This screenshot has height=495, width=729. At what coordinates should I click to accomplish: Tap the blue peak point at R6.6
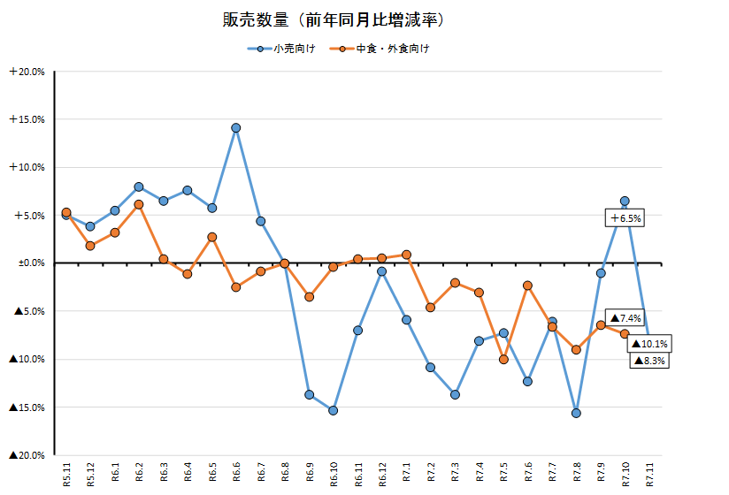tap(236, 127)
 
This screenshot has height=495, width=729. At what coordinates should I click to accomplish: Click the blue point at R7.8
tap(576, 413)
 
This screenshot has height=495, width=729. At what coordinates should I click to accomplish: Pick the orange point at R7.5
tap(503, 359)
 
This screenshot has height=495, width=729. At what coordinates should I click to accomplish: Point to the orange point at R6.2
tap(139, 204)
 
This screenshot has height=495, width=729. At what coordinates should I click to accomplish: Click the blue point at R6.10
tap(333, 410)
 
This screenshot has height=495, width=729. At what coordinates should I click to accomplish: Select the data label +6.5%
tap(625, 217)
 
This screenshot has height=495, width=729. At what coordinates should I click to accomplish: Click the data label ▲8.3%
tap(648, 360)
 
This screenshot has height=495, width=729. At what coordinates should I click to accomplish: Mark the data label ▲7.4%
tap(625, 318)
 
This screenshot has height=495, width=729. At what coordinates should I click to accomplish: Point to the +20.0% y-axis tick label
tap(27, 72)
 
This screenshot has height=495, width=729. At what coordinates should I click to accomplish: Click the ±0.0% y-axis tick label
tap(29, 263)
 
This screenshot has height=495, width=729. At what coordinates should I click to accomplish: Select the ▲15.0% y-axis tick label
tap(27, 407)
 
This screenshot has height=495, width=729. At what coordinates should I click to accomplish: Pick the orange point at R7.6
tap(527, 286)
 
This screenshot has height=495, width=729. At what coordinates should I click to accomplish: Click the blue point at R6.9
tap(309, 394)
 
